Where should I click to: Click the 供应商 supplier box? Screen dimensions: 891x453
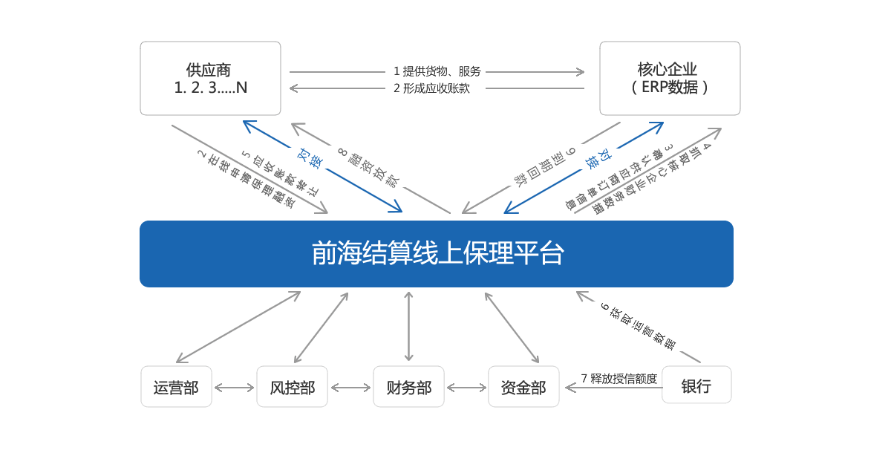tap(210, 79)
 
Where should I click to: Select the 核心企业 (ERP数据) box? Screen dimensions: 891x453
tap(670, 79)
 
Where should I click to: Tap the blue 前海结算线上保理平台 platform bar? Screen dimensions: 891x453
tap(437, 254)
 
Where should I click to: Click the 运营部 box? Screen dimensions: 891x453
tap(176, 387)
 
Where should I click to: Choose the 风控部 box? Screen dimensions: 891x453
tap(293, 387)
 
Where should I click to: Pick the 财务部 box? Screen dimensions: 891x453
tap(408, 387)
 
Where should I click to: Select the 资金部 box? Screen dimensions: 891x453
tap(523, 387)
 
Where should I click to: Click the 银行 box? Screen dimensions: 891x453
tap(696, 385)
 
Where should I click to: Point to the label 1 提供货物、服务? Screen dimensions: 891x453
tap(437, 71)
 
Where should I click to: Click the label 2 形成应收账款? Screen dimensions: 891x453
tap(431, 88)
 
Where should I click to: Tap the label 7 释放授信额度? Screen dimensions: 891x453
tap(619, 379)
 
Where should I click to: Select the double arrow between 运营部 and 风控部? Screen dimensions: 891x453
tap(235, 388)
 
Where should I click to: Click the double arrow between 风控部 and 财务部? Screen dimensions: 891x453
tap(350, 388)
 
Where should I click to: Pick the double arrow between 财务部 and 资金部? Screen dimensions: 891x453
tap(466, 388)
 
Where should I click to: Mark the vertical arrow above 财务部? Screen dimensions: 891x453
tap(408, 326)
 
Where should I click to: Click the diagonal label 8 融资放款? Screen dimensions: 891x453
tap(369, 168)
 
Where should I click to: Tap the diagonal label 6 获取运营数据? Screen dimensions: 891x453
tap(638, 326)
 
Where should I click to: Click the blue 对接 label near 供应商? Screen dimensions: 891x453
tap(310, 158)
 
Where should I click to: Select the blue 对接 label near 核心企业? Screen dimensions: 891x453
tap(598, 159)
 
